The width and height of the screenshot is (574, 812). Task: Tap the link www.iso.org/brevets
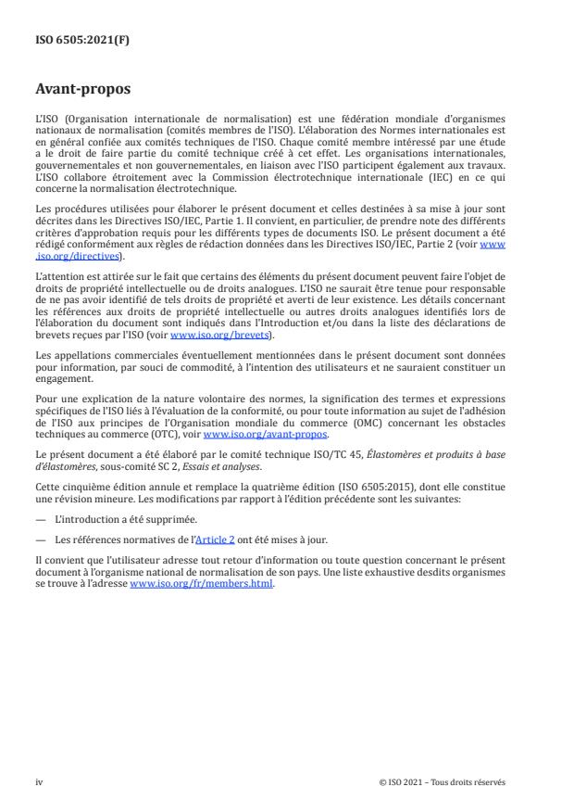[208, 336]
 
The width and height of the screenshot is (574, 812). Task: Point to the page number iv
[40, 782]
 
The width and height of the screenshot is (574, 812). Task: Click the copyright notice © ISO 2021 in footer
[442, 782]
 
